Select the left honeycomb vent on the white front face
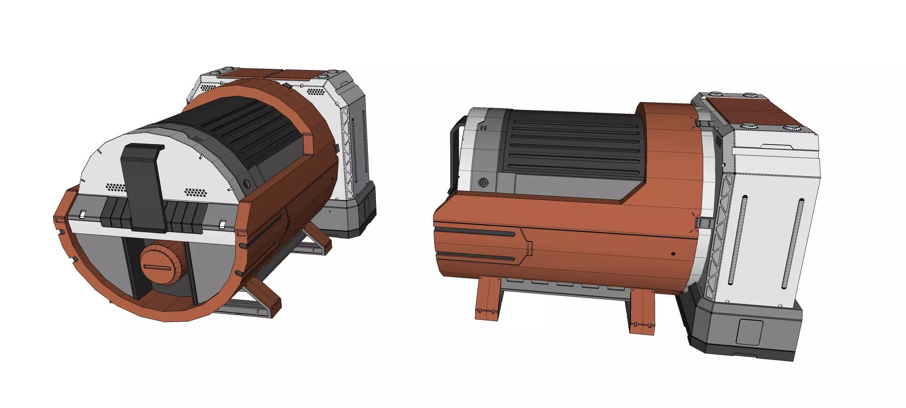[116, 187]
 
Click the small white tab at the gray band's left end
[82, 214]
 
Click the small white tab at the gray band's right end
[223, 224]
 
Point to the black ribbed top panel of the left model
[249, 130]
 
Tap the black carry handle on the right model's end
[454, 155]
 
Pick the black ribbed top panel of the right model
[570, 144]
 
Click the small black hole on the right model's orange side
[673, 254]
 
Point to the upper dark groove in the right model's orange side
[476, 234]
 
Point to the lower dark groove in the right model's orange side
[476, 257]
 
